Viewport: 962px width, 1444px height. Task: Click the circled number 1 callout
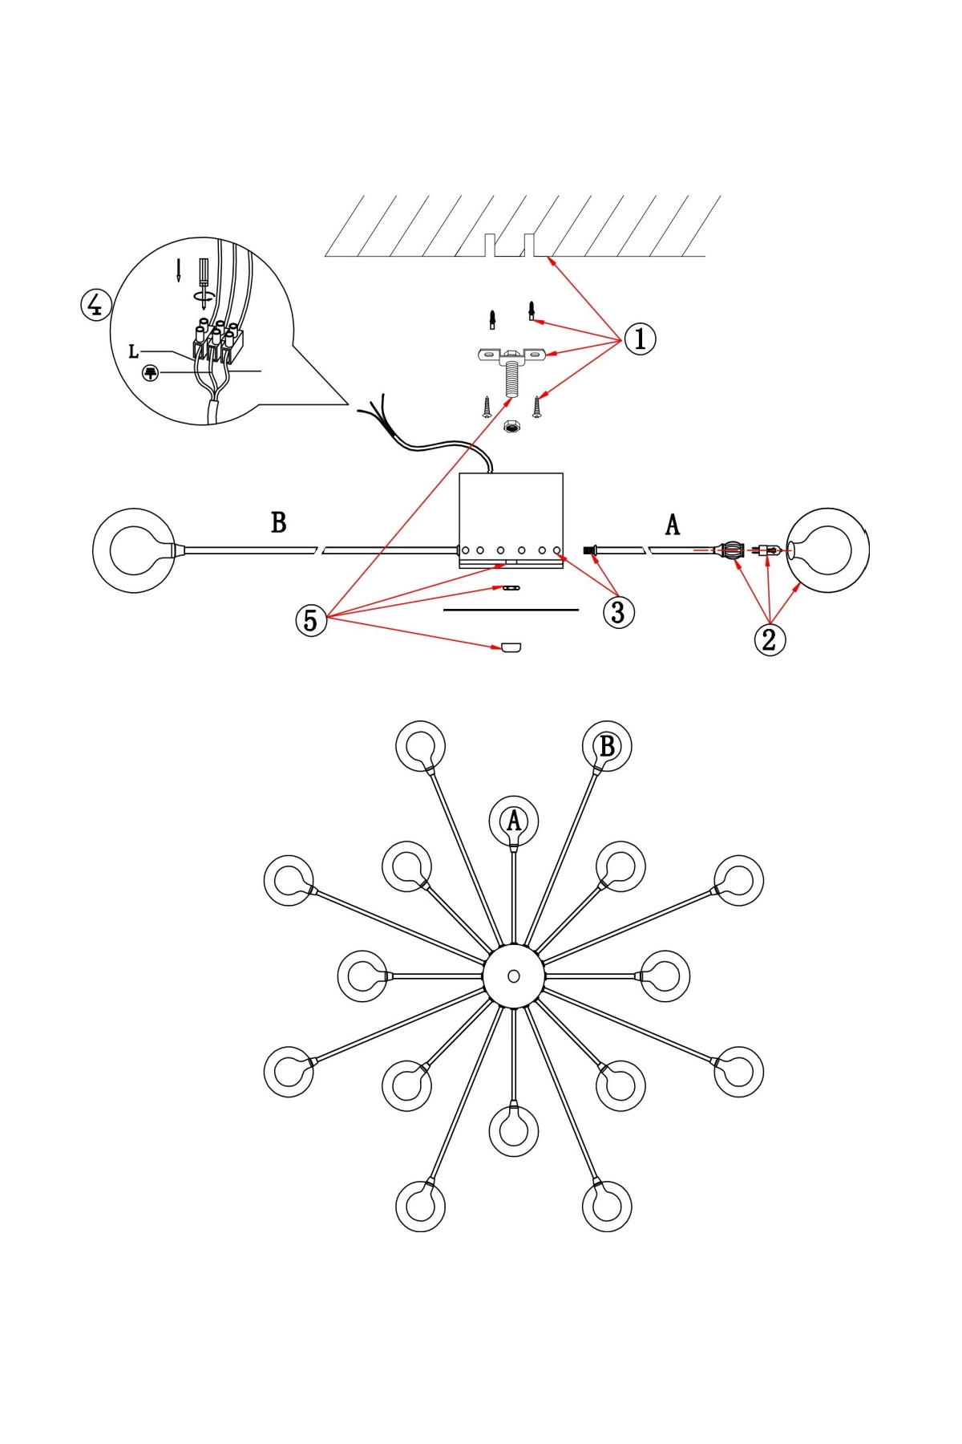(x=640, y=339)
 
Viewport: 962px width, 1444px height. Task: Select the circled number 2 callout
(x=770, y=640)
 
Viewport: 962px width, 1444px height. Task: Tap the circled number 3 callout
(x=618, y=612)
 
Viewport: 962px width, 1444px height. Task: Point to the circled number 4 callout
(x=95, y=305)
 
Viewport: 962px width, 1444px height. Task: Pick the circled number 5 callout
(x=311, y=620)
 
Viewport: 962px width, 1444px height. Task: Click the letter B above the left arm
(x=278, y=523)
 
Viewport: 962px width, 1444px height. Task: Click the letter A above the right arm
(x=673, y=525)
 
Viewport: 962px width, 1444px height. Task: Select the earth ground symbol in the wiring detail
(x=150, y=373)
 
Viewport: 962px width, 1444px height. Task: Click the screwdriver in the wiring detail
(x=204, y=277)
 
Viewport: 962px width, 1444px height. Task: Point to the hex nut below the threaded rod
(x=510, y=427)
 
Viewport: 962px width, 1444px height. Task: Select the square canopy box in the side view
(x=511, y=513)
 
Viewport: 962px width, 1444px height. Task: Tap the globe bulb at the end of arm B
(x=133, y=550)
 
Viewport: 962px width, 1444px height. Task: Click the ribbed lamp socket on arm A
(x=733, y=550)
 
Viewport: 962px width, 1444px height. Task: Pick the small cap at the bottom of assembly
(x=511, y=647)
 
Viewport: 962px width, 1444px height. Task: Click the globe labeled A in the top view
(x=514, y=821)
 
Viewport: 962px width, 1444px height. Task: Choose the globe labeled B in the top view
(x=607, y=746)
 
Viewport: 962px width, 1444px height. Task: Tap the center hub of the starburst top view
(x=514, y=976)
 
